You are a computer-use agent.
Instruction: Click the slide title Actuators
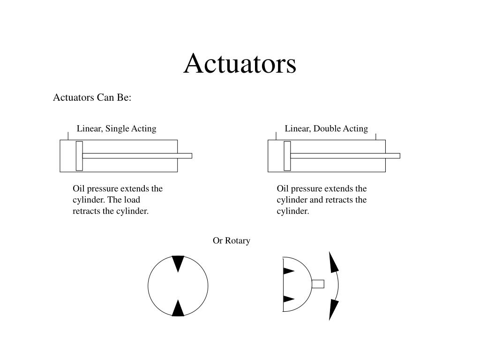(x=240, y=64)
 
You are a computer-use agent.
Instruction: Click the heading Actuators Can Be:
(x=92, y=97)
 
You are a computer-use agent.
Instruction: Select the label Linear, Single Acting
(x=116, y=128)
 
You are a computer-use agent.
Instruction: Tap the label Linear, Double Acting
(x=326, y=128)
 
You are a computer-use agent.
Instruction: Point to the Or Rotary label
(x=232, y=240)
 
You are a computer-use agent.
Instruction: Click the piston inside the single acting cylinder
(x=79, y=156)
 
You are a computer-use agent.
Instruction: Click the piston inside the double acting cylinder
(x=287, y=156)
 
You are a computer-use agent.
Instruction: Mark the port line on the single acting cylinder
(x=68, y=136)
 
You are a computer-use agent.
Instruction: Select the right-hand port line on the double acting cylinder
(x=375, y=136)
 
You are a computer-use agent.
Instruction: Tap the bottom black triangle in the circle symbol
(x=178, y=308)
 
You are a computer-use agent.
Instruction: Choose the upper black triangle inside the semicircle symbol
(x=288, y=271)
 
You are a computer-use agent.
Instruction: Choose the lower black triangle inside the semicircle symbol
(x=288, y=299)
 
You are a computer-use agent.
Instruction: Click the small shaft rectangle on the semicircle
(x=318, y=284)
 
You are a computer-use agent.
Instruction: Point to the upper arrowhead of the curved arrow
(x=333, y=262)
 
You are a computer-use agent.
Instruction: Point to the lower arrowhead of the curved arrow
(x=333, y=309)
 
